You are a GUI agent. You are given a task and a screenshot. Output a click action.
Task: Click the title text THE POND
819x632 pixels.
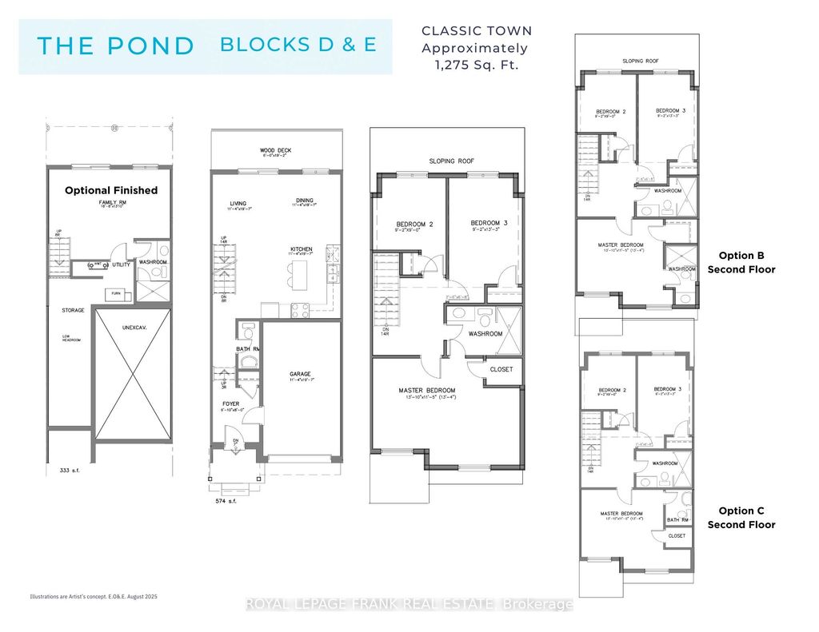pyautogui.click(x=116, y=46)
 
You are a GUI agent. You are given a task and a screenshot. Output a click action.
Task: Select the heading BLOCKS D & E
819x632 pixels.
pyautogui.click(x=298, y=45)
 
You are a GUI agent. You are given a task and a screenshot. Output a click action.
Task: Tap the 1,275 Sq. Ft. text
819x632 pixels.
pyautogui.click(x=477, y=65)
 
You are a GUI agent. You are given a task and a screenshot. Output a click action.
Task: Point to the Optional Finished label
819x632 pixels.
pyautogui.click(x=111, y=190)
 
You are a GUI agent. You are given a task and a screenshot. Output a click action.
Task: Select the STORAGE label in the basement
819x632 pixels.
pyautogui.click(x=74, y=310)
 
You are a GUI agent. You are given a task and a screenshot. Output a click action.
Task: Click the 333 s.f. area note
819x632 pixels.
pyautogui.click(x=60, y=472)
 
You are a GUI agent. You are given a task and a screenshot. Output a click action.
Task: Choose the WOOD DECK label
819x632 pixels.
pyautogui.click(x=274, y=149)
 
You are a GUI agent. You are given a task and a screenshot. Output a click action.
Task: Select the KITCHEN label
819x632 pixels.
pyautogui.click(x=302, y=249)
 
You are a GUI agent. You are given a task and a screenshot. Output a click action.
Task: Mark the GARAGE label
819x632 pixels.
pyautogui.click(x=300, y=373)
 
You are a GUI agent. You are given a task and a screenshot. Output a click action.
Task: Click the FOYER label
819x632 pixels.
pyautogui.click(x=231, y=403)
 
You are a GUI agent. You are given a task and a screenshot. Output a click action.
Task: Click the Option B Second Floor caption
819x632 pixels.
pyautogui.click(x=741, y=262)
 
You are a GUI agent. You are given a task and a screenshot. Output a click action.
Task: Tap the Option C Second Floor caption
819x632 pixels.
pyautogui.click(x=741, y=518)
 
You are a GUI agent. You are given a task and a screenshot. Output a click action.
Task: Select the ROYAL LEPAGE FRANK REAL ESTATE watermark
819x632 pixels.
pyautogui.click(x=409, y=605)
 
